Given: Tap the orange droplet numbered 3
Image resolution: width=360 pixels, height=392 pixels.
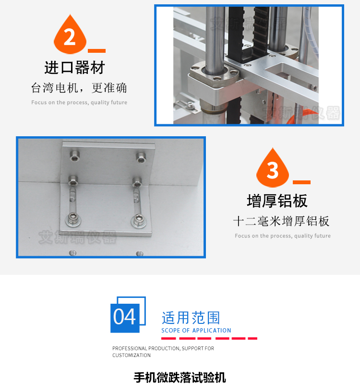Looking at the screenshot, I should coord(273,168).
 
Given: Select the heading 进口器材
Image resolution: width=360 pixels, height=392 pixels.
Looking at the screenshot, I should coord(74,68).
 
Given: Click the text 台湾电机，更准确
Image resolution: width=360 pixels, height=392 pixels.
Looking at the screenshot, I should coord(79,88).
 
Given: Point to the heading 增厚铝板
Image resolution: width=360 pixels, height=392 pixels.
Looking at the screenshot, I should coord(277,201).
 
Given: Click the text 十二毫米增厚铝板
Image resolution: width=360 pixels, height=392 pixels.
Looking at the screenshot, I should coord(282,221).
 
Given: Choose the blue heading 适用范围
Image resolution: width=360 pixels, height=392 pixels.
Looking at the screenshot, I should coord(191,318).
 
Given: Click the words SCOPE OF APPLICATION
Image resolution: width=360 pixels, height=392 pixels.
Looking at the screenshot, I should coord(196,331).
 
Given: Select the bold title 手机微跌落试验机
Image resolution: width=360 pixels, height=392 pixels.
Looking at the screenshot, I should coord(180,378).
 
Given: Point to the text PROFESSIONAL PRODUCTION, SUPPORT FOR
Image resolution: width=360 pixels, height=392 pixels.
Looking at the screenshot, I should coord(163,348).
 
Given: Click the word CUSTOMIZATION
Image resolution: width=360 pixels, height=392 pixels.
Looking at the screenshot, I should coord(132,356).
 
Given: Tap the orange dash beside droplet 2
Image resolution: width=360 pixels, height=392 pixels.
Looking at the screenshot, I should coord(97,50).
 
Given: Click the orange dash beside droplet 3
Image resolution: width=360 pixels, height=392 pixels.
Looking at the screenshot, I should coord(301,182).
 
